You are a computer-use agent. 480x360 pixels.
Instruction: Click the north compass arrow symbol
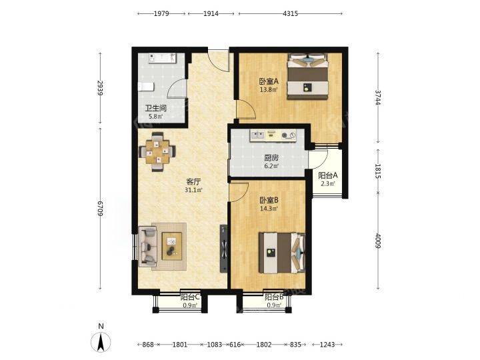pos(101,341)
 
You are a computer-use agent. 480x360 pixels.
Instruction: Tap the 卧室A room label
pos(269,82)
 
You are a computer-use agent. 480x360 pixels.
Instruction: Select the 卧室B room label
pos(269,201)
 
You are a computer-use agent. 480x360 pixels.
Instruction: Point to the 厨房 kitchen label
pos(271,158)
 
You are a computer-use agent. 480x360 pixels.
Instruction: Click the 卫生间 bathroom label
pos(155,109)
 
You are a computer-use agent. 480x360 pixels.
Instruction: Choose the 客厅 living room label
pos(193,182)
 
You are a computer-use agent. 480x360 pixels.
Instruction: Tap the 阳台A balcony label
pos(328,176)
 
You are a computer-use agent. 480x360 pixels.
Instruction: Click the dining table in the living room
pos(157,152)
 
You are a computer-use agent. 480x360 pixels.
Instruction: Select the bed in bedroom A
pos(307,77)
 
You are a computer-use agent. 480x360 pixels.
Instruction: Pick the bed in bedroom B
pos(282,253)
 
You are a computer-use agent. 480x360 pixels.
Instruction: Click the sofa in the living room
pos(147,247)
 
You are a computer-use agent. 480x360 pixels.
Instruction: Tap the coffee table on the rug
pos(172,246)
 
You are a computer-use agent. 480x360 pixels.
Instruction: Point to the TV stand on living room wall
pos(224,249)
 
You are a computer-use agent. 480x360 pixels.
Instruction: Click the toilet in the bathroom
pos(146,87)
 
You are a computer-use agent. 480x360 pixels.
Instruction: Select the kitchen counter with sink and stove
pos(273,135)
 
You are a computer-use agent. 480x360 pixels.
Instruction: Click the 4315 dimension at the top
pos(290,13)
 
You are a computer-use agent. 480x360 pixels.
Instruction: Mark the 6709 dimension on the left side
pos(100,209)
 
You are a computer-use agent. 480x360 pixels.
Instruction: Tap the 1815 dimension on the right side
pos(378,171)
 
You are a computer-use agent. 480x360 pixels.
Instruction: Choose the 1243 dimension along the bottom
pos(327,345)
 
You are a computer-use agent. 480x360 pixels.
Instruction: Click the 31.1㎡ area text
pos(193,190)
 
